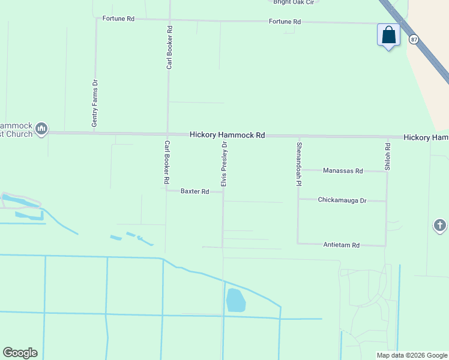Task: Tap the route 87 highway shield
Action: click(414, 39)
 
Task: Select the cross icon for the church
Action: click(439, 226)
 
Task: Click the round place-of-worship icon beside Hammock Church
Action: click(41, 128)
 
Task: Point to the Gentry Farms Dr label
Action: click(95, 103)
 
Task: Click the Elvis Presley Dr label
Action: click(224, 164)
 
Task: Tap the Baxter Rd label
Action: click(195, 191)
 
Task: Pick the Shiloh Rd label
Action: click(388, 157)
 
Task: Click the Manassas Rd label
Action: click(343, 171)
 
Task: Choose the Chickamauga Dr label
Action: click(342, 200)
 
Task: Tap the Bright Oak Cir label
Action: click(293, 2)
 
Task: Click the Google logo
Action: click(20, 353)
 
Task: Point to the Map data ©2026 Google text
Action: click(412, 355)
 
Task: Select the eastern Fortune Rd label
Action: click(285, 22)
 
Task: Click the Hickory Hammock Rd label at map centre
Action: click(227, 136)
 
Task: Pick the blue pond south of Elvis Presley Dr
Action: click(236, 300)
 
